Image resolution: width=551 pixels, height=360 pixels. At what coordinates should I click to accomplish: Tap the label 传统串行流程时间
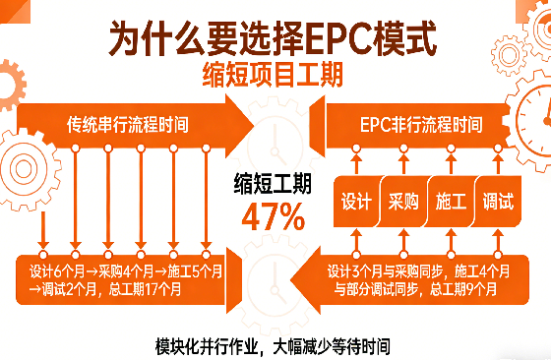tap(127, 125)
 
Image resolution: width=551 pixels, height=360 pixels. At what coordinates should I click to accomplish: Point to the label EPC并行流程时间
tap(421, 125)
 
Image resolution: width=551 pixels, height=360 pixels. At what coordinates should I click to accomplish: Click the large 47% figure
tap(272, 215)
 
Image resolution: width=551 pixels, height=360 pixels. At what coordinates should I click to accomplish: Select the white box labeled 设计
tap(355, 203)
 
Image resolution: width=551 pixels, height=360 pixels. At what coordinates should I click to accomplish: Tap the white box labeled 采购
tap(403, 203)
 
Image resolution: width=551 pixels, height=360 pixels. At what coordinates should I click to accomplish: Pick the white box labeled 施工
tap(452, 203)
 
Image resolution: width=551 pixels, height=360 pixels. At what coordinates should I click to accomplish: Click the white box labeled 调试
tap(498, 203)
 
